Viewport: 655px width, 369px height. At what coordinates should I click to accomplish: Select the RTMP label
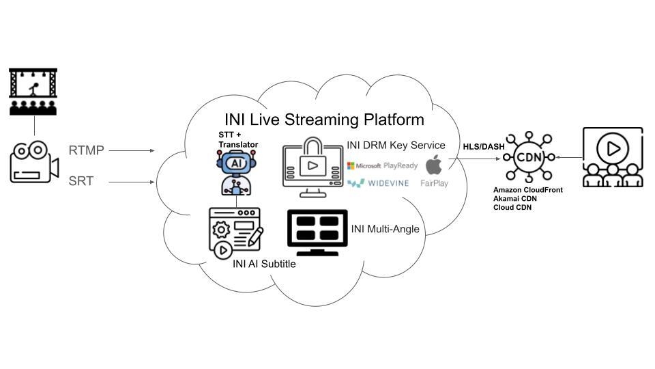pos(86,150)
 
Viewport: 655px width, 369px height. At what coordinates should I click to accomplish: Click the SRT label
pos(82,182)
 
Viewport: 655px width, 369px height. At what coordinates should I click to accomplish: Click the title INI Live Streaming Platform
pos(324,120)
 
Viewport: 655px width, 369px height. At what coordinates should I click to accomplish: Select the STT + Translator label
pos(238,139)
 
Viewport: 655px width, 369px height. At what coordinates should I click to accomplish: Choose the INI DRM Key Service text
pos(396,145)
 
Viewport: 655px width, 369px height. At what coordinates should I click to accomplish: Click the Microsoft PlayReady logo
pos(382,165)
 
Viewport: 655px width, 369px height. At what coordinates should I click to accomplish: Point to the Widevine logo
pos(378,183)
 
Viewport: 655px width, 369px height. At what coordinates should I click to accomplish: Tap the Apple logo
pos(434,165)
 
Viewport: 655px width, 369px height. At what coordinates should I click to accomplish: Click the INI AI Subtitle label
pos(264,264)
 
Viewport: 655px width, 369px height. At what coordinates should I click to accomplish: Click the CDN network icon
pos(528,156)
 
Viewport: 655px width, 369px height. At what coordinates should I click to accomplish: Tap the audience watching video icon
pos(613,156)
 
